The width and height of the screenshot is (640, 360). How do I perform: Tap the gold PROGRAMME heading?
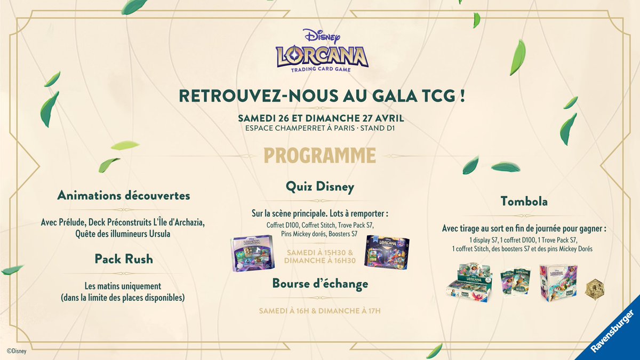pyautogui.click(x=320, y=155)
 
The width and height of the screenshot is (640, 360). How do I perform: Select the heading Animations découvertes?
pyautogui.click(x=123, y=196)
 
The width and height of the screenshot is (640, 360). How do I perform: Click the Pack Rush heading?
pyautogui.click(x=123, y=259)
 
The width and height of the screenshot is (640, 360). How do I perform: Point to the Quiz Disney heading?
pyautogui.click(x=320, y=187)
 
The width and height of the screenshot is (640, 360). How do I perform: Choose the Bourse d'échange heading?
pyautogui.click(x=320, y=284)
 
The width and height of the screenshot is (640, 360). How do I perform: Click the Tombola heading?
pyautogui.click(x=524, y=201)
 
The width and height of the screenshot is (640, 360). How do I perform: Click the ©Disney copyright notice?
pyautogui.click(x=16, y=351)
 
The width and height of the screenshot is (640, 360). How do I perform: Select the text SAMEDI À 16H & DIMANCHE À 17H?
pyautogui.click(x=319, y=310)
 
